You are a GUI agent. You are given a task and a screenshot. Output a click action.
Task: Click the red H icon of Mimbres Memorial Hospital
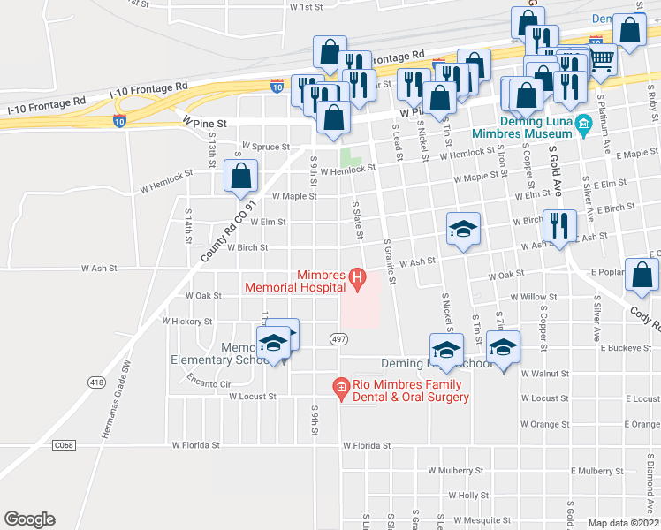pos(358,281)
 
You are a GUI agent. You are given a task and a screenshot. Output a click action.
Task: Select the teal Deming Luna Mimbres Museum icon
pos(583,125)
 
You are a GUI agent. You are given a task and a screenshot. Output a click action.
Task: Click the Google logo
pos(29,519)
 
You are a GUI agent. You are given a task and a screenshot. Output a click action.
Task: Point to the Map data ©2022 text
pos(623,523)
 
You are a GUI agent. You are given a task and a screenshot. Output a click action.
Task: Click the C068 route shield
pos(62,444)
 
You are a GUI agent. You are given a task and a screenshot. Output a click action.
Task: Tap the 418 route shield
pos(96,382)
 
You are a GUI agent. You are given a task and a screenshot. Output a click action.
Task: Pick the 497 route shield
pos(338,339)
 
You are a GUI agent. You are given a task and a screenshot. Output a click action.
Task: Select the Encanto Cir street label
pos(209,383)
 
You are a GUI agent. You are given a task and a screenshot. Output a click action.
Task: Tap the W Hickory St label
pos(186,322)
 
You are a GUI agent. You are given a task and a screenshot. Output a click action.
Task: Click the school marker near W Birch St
pos(463,230)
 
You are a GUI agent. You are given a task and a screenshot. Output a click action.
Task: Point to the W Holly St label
pos(468,496)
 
